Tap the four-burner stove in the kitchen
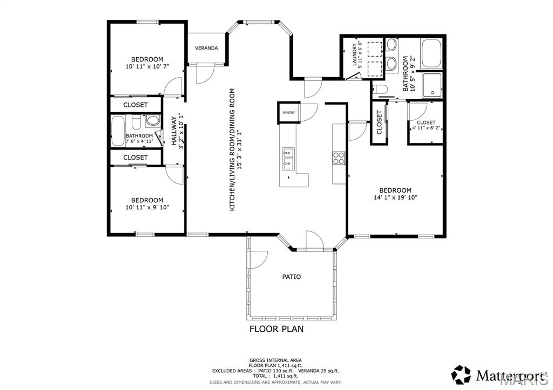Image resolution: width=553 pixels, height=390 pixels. pos(339,158)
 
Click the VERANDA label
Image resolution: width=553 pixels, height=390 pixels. pos(206,48)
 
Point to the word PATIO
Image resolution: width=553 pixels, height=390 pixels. pos(292,277)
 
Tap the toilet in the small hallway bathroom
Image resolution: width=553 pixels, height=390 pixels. pos(153,121)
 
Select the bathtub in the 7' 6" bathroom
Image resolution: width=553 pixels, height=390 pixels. pos(117,131)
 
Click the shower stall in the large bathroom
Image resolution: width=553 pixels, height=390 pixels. pos(433,86)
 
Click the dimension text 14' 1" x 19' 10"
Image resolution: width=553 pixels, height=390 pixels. pos(395,197)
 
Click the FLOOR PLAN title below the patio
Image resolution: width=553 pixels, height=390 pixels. pos(276,329)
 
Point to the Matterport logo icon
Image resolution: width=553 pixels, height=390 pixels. pos(461,374)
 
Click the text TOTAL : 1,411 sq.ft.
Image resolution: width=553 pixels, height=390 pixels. pos(275,376)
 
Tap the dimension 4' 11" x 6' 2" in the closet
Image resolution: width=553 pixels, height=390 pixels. pos(426,128)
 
